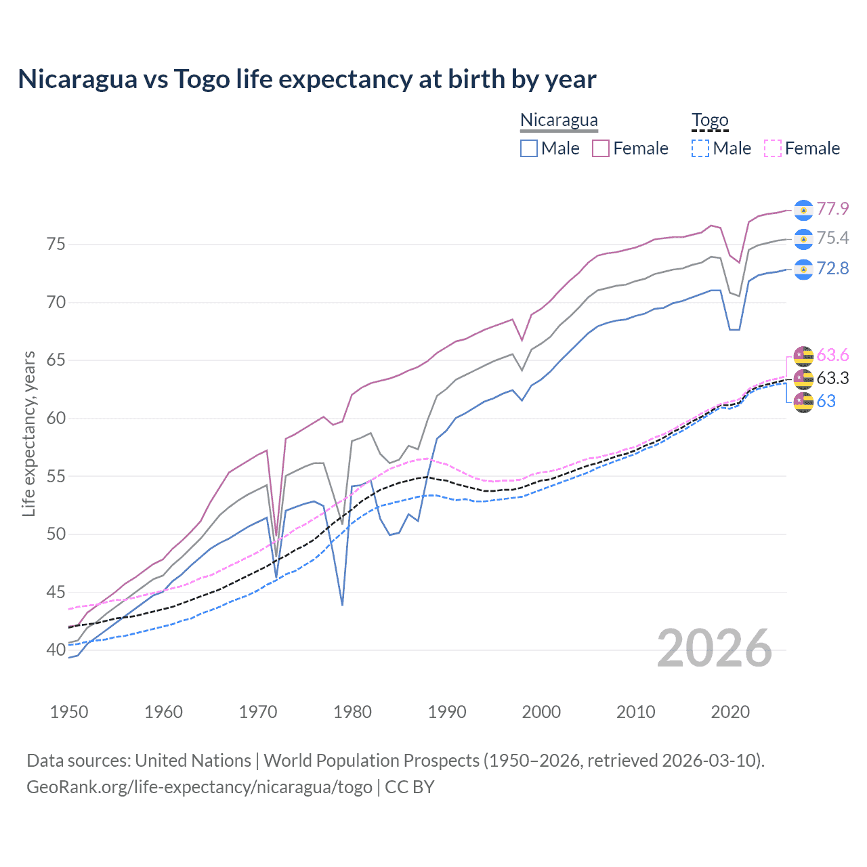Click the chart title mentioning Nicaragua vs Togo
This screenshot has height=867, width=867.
click(x=307, y=79)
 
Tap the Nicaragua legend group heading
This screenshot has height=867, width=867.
click(x=559, y=120)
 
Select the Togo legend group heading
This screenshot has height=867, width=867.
click(x=709, y=120)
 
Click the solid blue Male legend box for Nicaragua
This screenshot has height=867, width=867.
click(x=529, y=148)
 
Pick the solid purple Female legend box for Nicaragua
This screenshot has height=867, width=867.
click(x=601, y=148)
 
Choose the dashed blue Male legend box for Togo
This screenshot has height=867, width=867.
click(x=700, y=148)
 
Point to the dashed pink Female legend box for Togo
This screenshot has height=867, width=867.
click(x=773, y=148)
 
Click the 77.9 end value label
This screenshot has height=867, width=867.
click(x=832, y=209)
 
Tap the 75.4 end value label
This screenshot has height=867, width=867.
click(x=832, y=238)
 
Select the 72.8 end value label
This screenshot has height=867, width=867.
click(x=832, y=269)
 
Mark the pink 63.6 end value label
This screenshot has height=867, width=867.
click(x=832, y=355)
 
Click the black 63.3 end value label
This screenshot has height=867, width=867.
click(x=832, y=378)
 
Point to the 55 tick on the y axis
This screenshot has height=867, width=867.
click(x=56, y=476)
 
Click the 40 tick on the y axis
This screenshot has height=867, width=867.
click(x=56, y=650)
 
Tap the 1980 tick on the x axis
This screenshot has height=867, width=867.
click(x=352, y=712)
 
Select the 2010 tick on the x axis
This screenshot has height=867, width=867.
click(x=635, y=712)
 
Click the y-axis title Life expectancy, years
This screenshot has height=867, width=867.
click(x=28, y=433)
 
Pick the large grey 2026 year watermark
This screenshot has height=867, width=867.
click(x=714, y=648)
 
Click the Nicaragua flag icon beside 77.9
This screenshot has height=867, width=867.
click(x=803, y=210)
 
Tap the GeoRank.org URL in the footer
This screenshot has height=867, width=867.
click(x=199, y=787)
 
